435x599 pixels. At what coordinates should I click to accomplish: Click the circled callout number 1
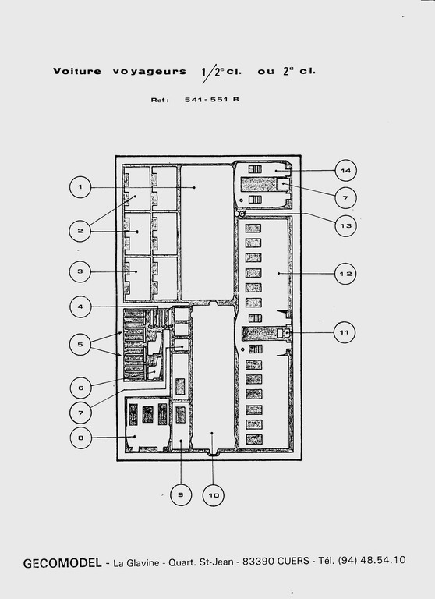[x=80, y=187]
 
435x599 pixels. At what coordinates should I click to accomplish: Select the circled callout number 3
[x=80, y=271]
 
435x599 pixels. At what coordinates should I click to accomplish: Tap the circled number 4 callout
[x=80, y=307]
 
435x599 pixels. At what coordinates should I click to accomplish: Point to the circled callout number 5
[x=80, y=344]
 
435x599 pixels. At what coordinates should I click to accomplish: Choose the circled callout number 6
[x=81, y=388]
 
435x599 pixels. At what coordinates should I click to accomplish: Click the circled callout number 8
[x=81, y=438]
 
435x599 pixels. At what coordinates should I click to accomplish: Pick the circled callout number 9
[x=181, y=495]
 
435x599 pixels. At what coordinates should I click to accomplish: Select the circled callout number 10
[x=213, y=495]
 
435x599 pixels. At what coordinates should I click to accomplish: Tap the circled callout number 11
[x=345, y=332]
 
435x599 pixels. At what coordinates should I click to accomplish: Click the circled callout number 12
[x=345, y=274]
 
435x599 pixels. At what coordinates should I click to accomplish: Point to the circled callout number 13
[x=345, y=225]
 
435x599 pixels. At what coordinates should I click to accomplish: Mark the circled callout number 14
[x=345, y=170]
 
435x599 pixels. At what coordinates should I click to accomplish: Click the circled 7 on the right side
[x=345, y=198]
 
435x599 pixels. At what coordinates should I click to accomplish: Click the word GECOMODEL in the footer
[x=62, y=563]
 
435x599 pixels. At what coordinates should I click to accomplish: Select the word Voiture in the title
[x=77, y=72]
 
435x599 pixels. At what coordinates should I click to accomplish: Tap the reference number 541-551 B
[x=212, y=100]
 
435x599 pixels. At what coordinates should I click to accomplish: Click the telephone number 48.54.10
[x=383, y=560]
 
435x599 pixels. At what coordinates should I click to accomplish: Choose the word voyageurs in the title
[x=150, y=72]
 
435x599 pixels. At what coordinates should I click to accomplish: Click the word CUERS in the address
[x=293, y=561]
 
